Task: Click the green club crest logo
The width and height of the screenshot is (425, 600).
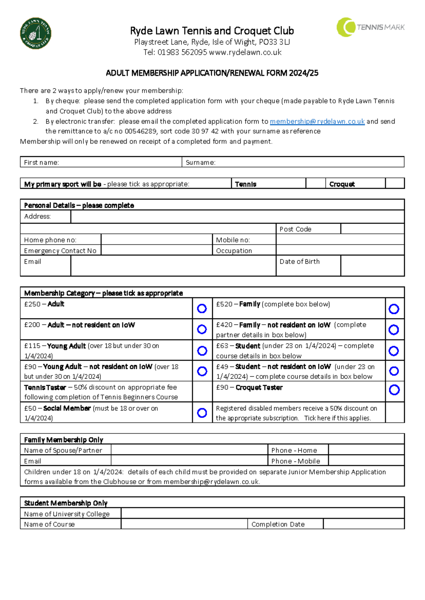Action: (35, 34)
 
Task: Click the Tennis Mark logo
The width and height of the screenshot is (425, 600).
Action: (370, 27)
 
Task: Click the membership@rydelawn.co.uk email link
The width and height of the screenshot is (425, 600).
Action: (317, 121)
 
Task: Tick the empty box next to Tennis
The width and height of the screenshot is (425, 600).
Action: (315, 183)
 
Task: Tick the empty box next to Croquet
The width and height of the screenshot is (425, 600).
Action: (395, 183)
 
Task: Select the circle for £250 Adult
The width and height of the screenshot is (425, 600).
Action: (202, 309)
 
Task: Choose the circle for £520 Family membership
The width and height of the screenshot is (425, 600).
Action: (394, 309)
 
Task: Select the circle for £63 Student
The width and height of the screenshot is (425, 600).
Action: (394, 351)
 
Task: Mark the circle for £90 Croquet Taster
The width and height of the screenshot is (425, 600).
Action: (394, 390)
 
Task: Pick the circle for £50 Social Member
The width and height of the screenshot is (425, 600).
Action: (202, 413)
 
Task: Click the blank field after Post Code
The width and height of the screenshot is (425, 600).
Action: (372, 229)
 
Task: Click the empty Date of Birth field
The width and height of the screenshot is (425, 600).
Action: (372, 266)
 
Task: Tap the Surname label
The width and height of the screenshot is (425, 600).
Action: (200, 163)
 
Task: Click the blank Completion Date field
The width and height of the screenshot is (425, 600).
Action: (363, 524)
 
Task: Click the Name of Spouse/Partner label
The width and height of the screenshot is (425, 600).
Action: (63, 450)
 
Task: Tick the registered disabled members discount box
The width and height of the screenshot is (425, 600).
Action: (395, 413)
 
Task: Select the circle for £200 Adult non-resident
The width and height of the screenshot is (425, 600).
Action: (202, 329)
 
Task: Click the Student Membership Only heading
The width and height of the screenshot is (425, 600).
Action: (66, 503)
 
